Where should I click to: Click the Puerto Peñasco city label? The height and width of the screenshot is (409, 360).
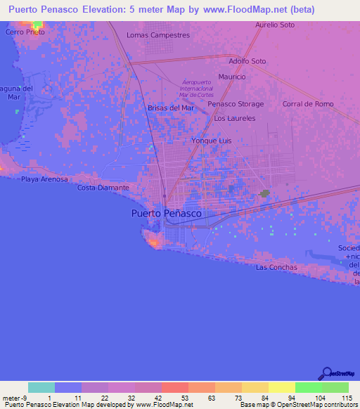click(167, 213)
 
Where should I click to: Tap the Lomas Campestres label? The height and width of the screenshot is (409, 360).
click(158, 34)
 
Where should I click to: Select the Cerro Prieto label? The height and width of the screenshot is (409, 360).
click(25, 32)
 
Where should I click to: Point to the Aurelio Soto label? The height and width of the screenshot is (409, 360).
click(275, 25)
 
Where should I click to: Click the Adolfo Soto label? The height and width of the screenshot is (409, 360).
click(247, 61)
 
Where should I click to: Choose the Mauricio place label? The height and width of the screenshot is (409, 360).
click(232, 77)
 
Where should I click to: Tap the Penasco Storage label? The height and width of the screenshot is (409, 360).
click(236, 104)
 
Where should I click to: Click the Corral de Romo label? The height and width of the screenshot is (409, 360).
click(307, 104)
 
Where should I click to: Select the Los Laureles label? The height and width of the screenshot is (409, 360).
click(235, 118)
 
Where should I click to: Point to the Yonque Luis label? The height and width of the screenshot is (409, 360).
click(212, 141)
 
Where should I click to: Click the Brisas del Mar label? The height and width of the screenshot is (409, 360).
click(170, 108)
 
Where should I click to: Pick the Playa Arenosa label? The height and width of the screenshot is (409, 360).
click(44, 179)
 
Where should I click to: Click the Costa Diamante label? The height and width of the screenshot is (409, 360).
click(103, 188)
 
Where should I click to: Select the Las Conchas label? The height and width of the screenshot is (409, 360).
click(276, 267)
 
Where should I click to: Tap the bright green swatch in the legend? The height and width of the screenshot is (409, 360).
click(309, 387)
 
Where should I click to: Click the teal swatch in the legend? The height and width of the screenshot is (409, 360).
click(41, 387)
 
